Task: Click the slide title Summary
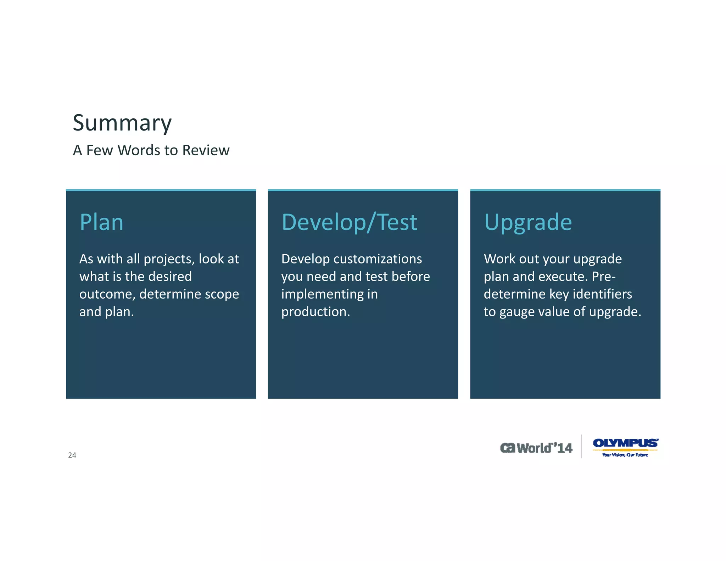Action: pyautogui.click(x=122, y=123)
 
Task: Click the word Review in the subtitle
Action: pyautogui.click(x=206, y=150)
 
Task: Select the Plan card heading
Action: pyautogui.click(x=101, y=222)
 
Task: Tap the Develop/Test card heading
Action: pyautogui.click(x=349, y=222)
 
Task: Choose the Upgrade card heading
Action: pyautogui.click(x=528, y=222)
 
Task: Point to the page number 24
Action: pyautogui.click(x=72, y=455)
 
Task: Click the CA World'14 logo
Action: pyautogui.click(x=536, y=448)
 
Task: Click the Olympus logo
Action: pyautogui.click(x=625, y=443)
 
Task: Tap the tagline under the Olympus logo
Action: pyautogui.click(x=625, y=455)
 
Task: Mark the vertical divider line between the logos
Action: pyautogui.click(x=581, y=446)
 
